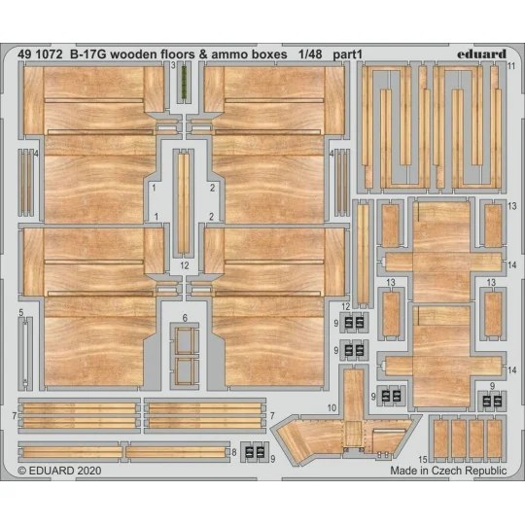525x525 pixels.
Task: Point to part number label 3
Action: click(x=171, y=67)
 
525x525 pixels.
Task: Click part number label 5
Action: click(x=19, y=313)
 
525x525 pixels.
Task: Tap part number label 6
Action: click(x=184, y=318)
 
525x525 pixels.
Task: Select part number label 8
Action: click(x=233, y=452)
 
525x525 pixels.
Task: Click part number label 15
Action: click(x=423, y=457)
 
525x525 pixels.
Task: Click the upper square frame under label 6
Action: click(x=184, y=340)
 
